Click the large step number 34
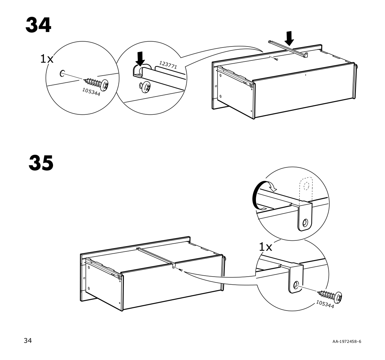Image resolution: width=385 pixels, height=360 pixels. pos(38,25)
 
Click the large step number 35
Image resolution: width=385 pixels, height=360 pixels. pos(41,163)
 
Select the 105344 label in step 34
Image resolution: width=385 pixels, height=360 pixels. pos(91,92)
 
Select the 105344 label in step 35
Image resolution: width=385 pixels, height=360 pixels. pos(325,304)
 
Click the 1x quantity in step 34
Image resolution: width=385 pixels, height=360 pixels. pos(47,59)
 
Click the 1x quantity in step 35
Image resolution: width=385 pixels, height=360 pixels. pos(266,247)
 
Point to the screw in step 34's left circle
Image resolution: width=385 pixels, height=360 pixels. pos(97,83)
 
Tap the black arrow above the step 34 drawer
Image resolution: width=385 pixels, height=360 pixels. pos(290,38)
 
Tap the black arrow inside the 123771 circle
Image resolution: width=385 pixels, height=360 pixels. pos(140,59)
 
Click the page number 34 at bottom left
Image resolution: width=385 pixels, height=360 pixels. pos(28,340)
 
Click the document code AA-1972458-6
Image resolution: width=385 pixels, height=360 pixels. pos(347,341)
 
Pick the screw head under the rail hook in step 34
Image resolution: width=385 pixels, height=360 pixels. pos(145,87)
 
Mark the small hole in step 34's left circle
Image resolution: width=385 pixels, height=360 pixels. pos(62,73)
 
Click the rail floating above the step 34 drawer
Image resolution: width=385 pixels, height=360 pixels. pos(288,49)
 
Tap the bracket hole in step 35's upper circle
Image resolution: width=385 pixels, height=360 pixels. pos(305,223)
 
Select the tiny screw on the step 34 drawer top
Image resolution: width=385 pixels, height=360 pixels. pos(277,59)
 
